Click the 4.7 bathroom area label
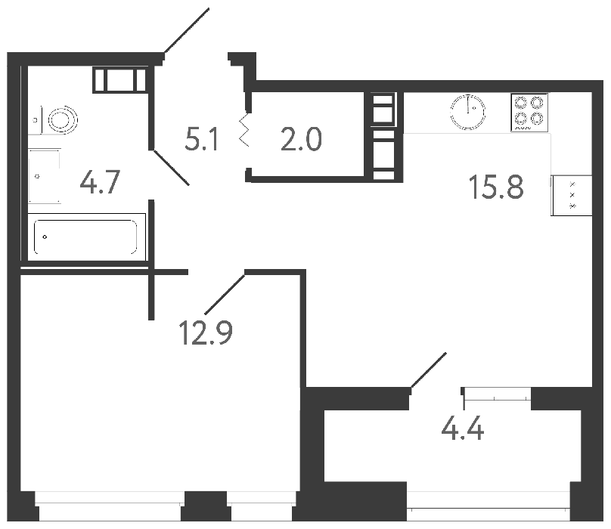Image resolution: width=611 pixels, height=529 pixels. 100,183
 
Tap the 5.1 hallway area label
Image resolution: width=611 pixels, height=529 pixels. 202,139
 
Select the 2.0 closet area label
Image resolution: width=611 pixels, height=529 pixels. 301,139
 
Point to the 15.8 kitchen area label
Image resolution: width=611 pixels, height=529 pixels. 497,186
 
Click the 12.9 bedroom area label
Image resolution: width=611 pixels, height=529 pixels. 206,331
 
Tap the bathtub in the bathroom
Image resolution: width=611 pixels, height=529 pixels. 84,237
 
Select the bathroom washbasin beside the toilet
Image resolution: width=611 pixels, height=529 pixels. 45,175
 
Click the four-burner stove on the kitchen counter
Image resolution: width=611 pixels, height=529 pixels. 529,112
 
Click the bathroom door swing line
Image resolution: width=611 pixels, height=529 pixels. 170,167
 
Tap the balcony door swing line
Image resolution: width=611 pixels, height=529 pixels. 429,373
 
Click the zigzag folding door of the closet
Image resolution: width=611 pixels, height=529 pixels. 244,131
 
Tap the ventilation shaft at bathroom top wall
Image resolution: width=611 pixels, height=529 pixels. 119,79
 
